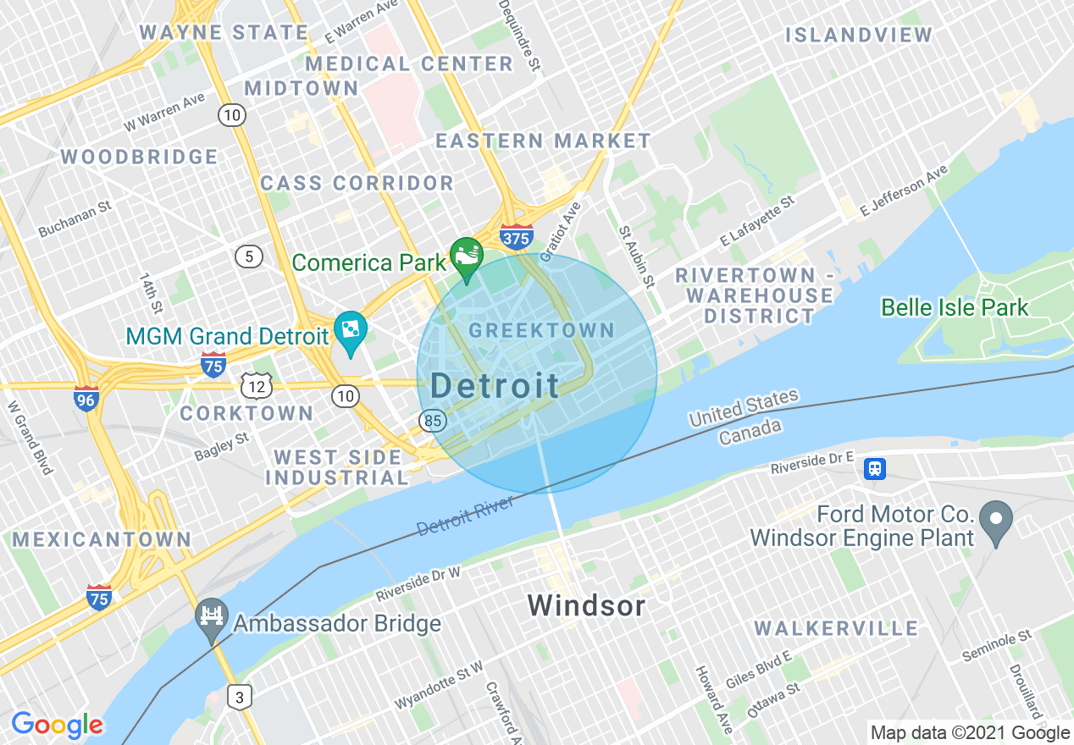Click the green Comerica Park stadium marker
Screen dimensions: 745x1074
pyautogui.click(x=465, y=254)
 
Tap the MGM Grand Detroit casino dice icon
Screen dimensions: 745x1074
pyautogui.click(x=350, y=328)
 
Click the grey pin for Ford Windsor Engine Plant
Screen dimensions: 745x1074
pyautogui.click(x=995, y=516)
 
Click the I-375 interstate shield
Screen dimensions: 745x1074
pyautogui.click(x=515, y=236)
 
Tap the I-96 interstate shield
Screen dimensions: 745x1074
pyautogui.click(x=86, y=398)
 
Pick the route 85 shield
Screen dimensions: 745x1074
pyautogui.click(x=433, y=420)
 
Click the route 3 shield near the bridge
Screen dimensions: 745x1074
pyautogui.click(x=241, y=698)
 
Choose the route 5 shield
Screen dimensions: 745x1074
pyautogui.click(x=248, y=257)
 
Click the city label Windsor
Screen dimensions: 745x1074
pyautogui.click(x=586, y=606)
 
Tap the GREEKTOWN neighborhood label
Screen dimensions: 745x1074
pyautogui.click(x=541, y=330)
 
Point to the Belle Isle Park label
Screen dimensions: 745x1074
pyautogui.click(x=955, y=307)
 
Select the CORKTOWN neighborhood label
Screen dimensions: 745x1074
pyautogui.click(x=246, y=413)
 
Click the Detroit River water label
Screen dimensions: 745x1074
pyautogui.click(x=466, y=516)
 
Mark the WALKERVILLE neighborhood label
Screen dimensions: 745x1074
pyautogui.click(x=836, y=628)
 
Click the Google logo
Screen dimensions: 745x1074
pyautogui.click(x=57, y=725)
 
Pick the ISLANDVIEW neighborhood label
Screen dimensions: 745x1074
pyautogui.click(x=858, y=36)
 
